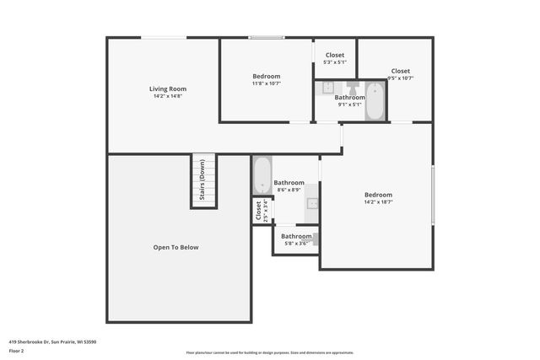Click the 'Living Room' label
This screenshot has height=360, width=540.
[168, 89]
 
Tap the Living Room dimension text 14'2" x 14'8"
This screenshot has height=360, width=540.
[168, 96]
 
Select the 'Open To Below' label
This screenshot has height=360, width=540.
[175, 247]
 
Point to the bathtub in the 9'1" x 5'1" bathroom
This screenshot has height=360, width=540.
[375, 100]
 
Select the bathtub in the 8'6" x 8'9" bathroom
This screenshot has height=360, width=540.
[262, 175]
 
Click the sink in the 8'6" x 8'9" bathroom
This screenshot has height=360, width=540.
[311, 202]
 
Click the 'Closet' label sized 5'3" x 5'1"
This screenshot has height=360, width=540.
[335, 55]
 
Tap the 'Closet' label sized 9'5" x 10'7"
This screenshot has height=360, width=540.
[400, 71]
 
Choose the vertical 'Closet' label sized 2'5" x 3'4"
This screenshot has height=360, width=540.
[258, 211]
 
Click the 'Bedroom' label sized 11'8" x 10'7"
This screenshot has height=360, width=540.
[266, 76]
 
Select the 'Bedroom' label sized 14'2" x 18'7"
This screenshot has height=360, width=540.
[378, 195]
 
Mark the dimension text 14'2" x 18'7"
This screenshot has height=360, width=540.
[378, 202]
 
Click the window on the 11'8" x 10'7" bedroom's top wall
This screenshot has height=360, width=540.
[266, 37]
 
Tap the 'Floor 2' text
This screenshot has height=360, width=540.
[16, 350]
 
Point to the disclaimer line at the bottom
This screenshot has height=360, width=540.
[270, 352]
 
